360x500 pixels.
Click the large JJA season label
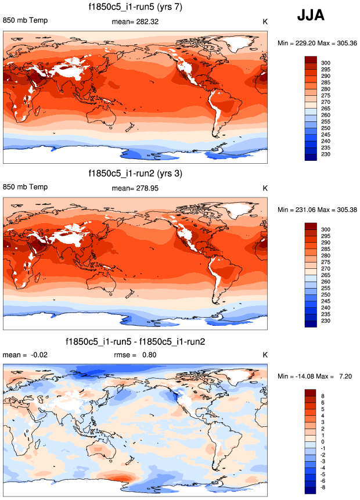[x=311, y=16]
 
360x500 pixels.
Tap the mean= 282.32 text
[x=135, y=22]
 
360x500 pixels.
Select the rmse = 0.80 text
[x=135, y=355]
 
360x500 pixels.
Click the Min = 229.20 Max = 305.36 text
[x=316, y=44]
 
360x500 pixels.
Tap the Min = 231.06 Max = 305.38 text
[x=316, y=209]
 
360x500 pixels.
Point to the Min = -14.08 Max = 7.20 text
[x=316, y=377]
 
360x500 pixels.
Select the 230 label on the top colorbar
[x=326, y=154]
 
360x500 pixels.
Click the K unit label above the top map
[x=265, y=23]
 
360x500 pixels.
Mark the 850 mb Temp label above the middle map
[x=26, y=188]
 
